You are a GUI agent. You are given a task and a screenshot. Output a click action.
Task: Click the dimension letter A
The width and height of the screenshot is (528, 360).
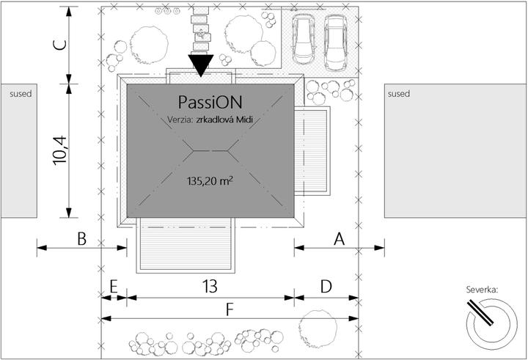(340, 239)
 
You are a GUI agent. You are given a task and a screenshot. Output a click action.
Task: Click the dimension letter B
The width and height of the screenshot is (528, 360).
(82, 239)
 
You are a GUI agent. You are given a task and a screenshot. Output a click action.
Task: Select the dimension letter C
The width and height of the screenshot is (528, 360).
(61, 45)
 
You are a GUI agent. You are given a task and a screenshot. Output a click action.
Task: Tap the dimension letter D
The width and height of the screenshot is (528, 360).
(326, 287)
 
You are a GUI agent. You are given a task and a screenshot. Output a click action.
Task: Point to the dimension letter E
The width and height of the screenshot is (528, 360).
(114, 287)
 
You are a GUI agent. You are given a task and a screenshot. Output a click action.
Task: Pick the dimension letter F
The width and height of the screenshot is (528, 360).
(230, 310)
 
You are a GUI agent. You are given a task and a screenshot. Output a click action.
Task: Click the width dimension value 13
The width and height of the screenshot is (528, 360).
(210, 287)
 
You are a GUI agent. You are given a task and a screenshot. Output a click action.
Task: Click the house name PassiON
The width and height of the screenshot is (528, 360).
(210, 102)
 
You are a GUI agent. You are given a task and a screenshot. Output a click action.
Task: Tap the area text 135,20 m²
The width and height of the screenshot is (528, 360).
(210, 181)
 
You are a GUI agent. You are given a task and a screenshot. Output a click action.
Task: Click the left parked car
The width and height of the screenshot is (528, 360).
(304, 40)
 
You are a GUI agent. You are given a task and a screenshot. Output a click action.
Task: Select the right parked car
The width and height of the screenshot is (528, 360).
(336, 43)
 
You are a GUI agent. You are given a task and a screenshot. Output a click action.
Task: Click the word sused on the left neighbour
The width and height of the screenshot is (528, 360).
(21, 94)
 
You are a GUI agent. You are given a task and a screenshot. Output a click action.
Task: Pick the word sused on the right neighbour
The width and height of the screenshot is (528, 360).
(399, 94)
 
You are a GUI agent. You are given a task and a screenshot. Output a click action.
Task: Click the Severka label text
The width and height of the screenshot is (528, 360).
(482, 290)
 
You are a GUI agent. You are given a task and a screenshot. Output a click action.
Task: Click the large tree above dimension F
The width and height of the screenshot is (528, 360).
(318, 327)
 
